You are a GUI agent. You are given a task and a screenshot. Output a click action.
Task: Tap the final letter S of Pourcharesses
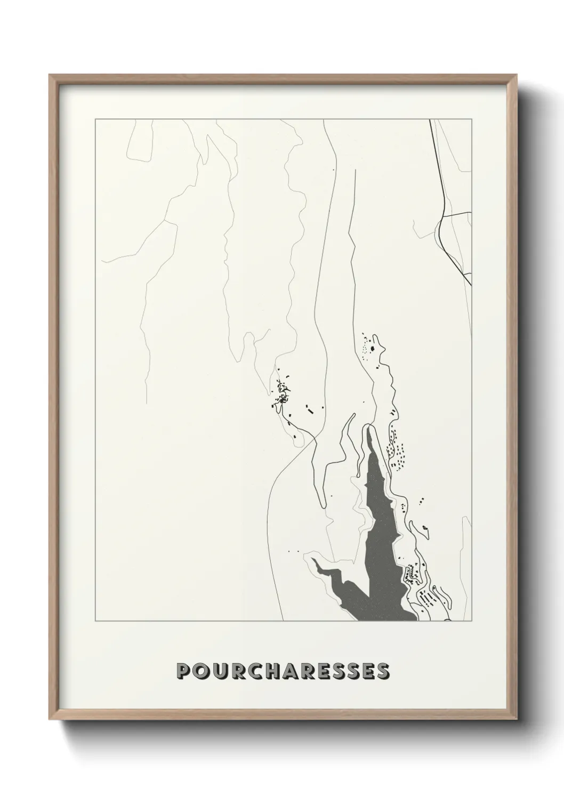click(382, 671)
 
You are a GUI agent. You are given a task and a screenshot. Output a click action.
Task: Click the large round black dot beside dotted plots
click(373, 349)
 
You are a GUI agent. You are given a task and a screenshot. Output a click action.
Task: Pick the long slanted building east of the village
click(309, 410)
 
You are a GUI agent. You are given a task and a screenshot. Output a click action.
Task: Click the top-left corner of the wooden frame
click(50, 75)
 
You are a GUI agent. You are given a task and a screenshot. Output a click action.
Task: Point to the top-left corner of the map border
click(95, 120)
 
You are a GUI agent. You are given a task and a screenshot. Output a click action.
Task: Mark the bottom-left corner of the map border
click(95, 622)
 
